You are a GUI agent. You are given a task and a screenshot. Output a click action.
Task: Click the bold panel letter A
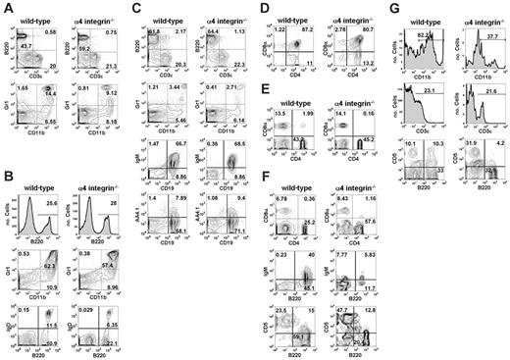click(7, 8)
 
